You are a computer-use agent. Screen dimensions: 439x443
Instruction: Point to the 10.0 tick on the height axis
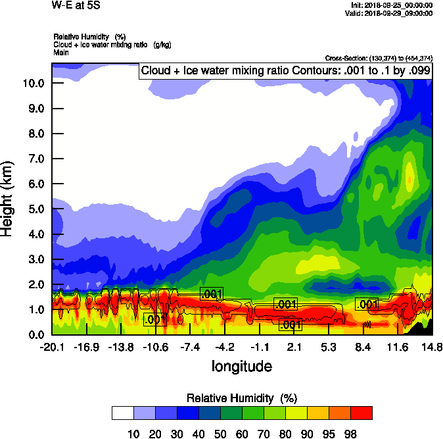click(x=34, y=83)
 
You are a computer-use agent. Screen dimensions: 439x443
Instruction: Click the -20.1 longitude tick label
click(x=52, y=347)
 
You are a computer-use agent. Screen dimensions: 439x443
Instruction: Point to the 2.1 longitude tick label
click(x=294, y=347)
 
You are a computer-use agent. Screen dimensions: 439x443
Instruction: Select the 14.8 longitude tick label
click(x=432, y=347)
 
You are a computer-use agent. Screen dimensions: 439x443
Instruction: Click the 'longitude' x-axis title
click(x=241, y=365)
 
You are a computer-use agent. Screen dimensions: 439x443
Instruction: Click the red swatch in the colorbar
click(x=361, y=413)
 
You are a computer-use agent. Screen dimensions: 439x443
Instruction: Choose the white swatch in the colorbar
click(x=123, y=413)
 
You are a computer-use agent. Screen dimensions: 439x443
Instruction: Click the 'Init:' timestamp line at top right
click(x=392, y=5)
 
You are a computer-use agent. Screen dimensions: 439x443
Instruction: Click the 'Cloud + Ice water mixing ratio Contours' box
click(x=285, y=71)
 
